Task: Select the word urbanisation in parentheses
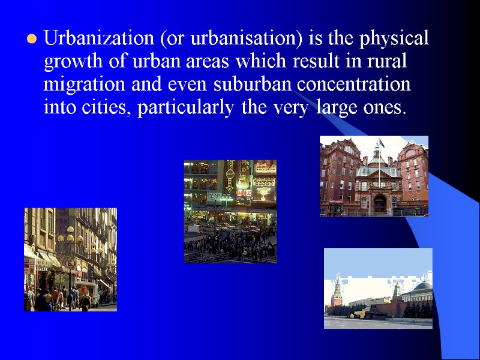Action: [235, 39]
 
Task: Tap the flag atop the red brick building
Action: [379, 144]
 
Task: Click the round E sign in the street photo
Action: [70, 263]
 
